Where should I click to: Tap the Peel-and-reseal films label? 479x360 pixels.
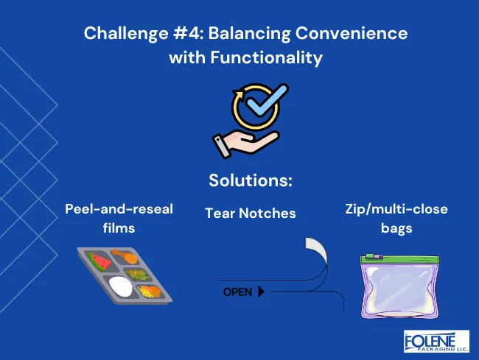[119, 218]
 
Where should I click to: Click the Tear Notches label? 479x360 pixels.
[250, 213]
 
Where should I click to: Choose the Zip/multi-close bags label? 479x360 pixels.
[396, 218]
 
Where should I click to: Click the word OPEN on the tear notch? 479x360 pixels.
[237, 292]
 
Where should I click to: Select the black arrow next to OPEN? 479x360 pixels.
[261, 292]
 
